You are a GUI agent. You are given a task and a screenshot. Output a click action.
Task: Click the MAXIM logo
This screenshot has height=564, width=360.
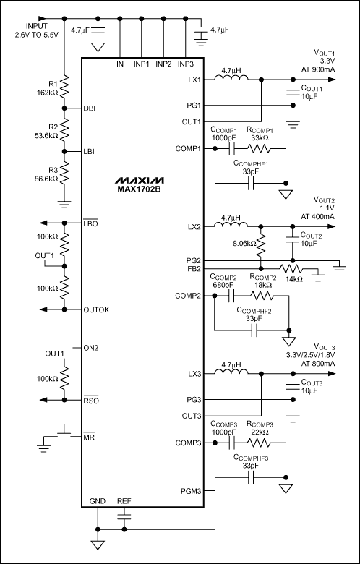(141, 180)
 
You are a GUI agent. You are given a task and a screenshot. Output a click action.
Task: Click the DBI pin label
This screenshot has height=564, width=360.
(89, 108)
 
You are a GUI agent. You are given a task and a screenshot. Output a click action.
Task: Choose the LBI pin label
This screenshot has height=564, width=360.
(89, 151)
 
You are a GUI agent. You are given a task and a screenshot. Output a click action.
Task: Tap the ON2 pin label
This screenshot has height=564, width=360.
(90, 348)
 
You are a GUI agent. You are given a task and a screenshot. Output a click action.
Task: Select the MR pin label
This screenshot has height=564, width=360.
(88, 437)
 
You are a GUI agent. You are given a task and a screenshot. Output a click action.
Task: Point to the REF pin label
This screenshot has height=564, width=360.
(124, 501)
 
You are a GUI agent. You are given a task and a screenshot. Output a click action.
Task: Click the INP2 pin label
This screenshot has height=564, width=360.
(163, 64)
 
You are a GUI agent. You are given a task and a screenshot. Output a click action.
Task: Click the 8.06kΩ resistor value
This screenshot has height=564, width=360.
(245, 243)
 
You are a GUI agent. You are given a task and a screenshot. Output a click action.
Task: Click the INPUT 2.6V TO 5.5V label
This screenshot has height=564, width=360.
(35, 31)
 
